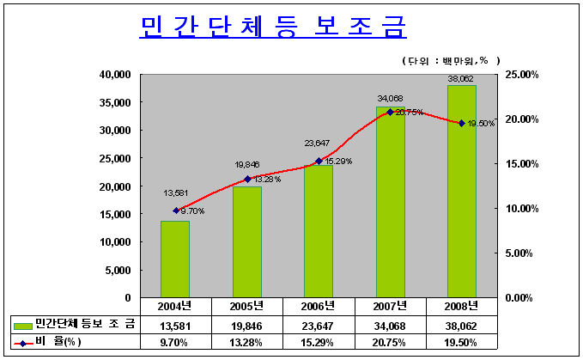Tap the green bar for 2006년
319,231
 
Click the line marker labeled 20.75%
390,112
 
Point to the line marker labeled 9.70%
176,211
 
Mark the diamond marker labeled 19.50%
462,123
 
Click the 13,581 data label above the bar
175,193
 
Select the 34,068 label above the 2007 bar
389,98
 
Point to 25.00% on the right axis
521,75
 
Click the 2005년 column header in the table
246,306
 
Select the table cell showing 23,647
318,324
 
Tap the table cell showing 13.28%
246,341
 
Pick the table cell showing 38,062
461,324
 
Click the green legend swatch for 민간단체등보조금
23,324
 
